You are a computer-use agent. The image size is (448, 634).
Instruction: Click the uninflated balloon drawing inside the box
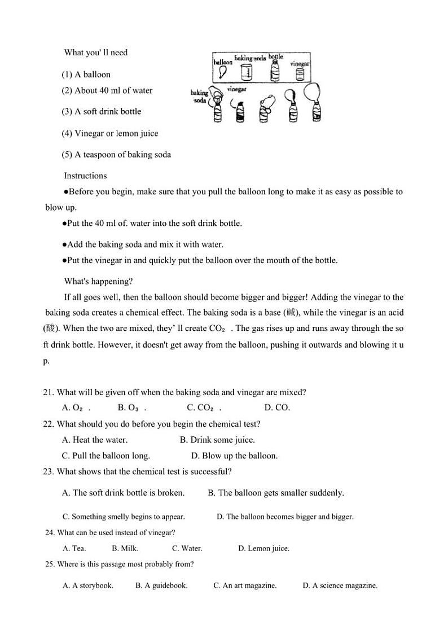pyautogui.click(x=223, y=73)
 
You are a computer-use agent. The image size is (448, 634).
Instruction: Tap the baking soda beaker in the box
pyautogui.click(x=246, y=72)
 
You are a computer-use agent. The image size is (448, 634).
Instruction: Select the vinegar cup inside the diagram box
pyautogui.click(x=300, y=74)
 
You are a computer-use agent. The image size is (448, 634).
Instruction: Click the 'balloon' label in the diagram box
pyautogui.click(x=223, y=62)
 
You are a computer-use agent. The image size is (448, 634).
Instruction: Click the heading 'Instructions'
pyautogui.click(x=85, y=176)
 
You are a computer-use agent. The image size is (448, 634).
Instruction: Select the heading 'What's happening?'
pyautogui.click(x=98, y=281)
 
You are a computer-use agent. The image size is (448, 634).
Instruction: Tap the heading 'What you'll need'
pyautogui.click(x=96, y=53)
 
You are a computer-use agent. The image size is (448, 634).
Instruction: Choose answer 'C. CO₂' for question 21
pyautogui.click(x=203, y=408)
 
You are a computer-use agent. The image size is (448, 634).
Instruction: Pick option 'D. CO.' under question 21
pyautogui.click(x=276, y=408)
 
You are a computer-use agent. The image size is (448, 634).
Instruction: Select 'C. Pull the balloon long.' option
pyautogui.click(x=106, y=456)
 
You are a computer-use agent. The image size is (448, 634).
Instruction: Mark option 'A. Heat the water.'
pyautogui.click(x=95, y=440)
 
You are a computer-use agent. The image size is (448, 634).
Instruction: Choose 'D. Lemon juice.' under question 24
pyautogui.click(x=263, y=548)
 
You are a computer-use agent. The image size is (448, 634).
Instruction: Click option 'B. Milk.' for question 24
pyautogui.click(x=125, y=548)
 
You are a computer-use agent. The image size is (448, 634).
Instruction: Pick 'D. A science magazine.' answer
pyautogui.click(x=340, y=585)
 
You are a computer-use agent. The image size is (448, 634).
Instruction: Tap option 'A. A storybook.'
pyautogui.click(x=88, y=585)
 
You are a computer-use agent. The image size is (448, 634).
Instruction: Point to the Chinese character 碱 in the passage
pyautogui.click(x=291, y=313)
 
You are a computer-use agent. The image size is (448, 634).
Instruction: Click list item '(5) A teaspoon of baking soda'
pyautogui.click(x=116, y=155)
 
